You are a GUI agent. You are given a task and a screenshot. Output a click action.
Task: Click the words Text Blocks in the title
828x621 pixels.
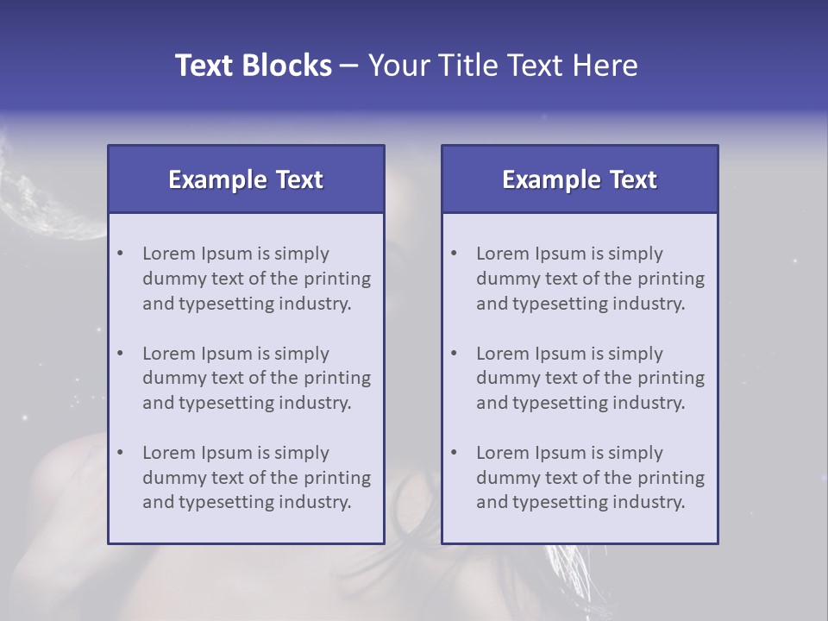[253, 66]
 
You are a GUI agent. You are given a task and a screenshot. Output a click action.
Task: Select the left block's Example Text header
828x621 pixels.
[246, 179]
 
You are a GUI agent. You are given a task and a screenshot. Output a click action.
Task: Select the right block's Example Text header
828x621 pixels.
[580, 179]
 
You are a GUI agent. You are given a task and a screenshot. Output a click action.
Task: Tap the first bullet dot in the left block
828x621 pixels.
[120, 254]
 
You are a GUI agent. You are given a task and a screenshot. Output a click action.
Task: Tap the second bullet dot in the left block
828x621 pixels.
[120, 354]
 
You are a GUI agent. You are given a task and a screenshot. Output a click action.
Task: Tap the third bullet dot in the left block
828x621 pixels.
[120, 453]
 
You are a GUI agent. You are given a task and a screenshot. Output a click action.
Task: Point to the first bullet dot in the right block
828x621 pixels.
[454, 254]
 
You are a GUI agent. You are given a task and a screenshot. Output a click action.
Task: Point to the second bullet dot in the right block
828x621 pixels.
[454, 354]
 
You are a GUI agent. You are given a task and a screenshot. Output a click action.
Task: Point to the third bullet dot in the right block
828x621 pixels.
[454, 453]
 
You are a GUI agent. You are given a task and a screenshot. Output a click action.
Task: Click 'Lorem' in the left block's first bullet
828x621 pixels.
[169, 254]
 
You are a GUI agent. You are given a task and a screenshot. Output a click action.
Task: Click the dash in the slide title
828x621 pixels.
[349, 66]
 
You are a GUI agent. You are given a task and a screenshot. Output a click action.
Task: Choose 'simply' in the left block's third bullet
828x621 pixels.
[302, 453]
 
